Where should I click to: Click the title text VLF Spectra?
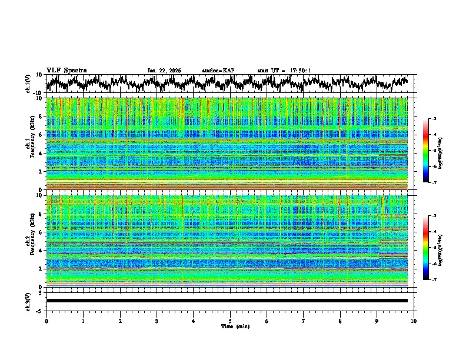tap(66, 70)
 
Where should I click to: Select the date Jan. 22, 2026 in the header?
tap(164, 71)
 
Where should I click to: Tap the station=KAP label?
tap(218, 71)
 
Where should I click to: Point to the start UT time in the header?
tap(284, 71)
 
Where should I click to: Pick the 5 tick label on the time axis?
tap(230, 321)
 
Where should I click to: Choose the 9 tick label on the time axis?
tap(377, 321)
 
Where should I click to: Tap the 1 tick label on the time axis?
tap(83, 321)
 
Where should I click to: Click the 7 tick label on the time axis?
tap(304, 321)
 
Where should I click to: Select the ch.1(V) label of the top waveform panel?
tap(28, 84)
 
